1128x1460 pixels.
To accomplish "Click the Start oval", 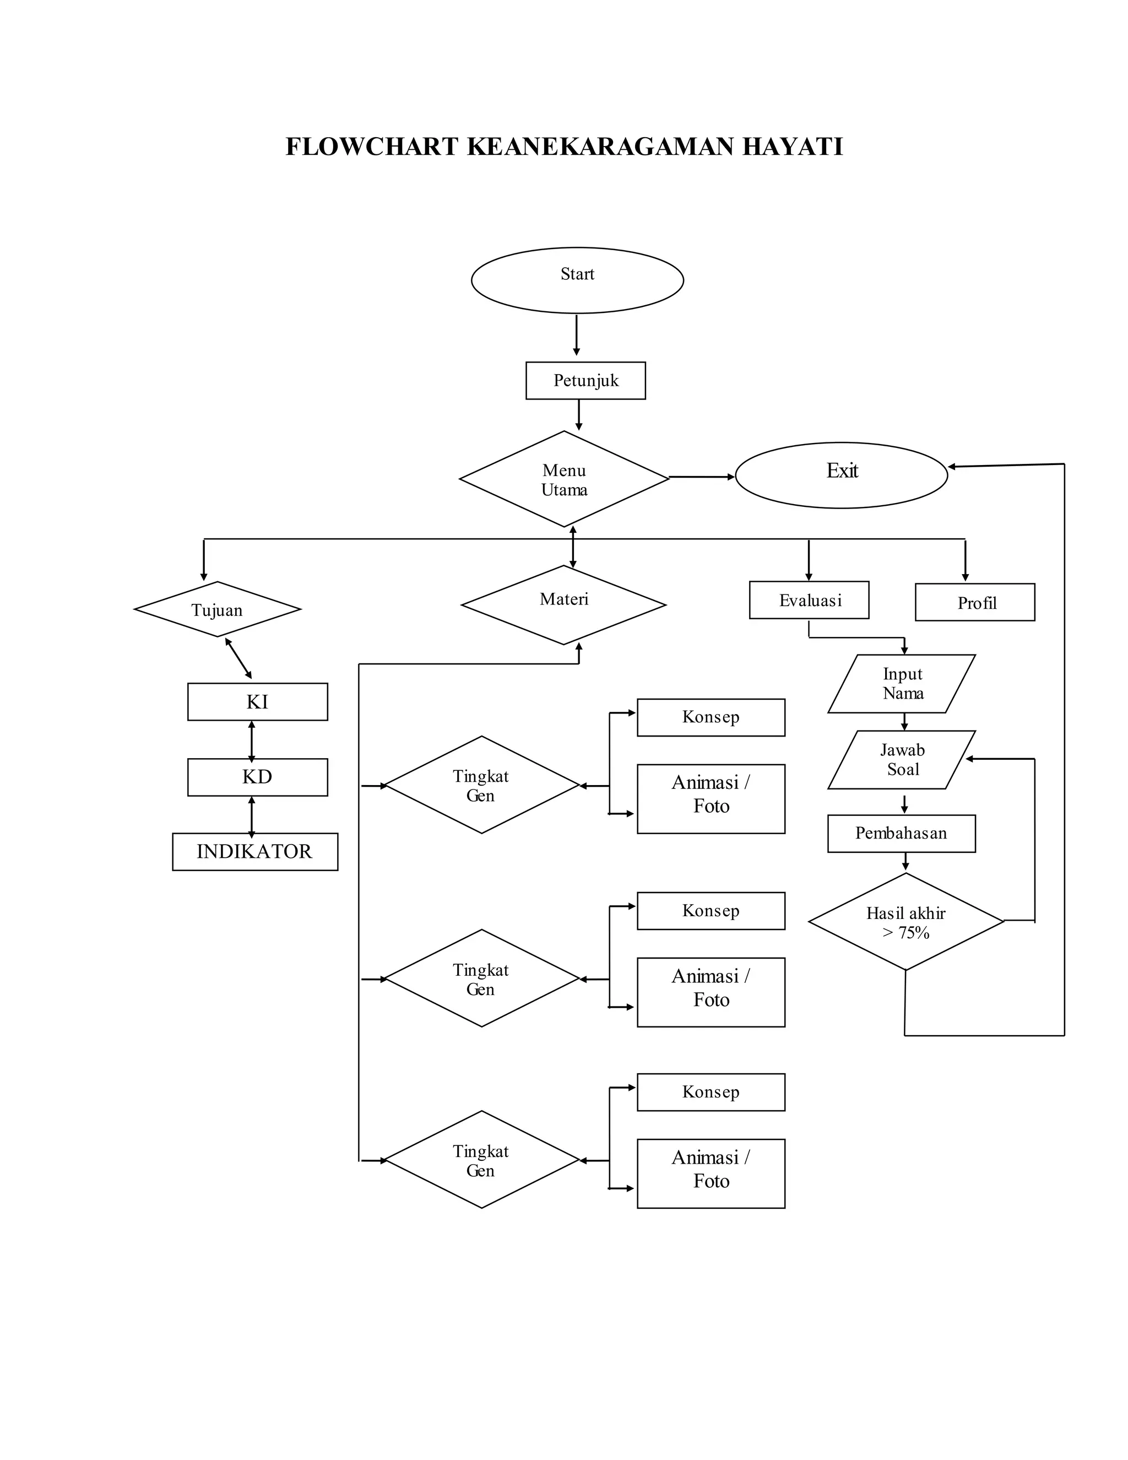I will pyautogui.click(x=577, y=280).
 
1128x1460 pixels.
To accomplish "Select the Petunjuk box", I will pyautogui.click(x=585, y=380).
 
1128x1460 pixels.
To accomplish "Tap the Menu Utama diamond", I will pyautogui.click(x=564, y=479).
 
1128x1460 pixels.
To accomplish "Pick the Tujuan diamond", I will pyautogui.click(x=217, y=609).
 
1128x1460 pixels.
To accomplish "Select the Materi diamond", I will pyautogui.click(x=563, y=604).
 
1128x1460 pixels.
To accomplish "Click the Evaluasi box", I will pyautogui.click(x=809, y=599).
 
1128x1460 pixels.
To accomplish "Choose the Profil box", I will pyautogui.click(x=974, y=602).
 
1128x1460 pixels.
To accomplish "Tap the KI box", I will pyautogui.click(x=257, y=701).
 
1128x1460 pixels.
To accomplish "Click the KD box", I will pyautogui.click(x=257, y=777).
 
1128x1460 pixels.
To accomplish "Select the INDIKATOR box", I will pyautogui.click(x=254, y=851).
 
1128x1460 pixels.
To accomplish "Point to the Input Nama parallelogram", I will pyautogui.click(x=902, y=683).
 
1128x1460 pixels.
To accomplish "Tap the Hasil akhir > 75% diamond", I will pyautogui.click(x=905, y=922).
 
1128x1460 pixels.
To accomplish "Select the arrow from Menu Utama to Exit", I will pyautogui.click(x=701, y=477).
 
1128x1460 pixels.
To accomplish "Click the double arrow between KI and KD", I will pyautogui.click(x=251, y=740).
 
